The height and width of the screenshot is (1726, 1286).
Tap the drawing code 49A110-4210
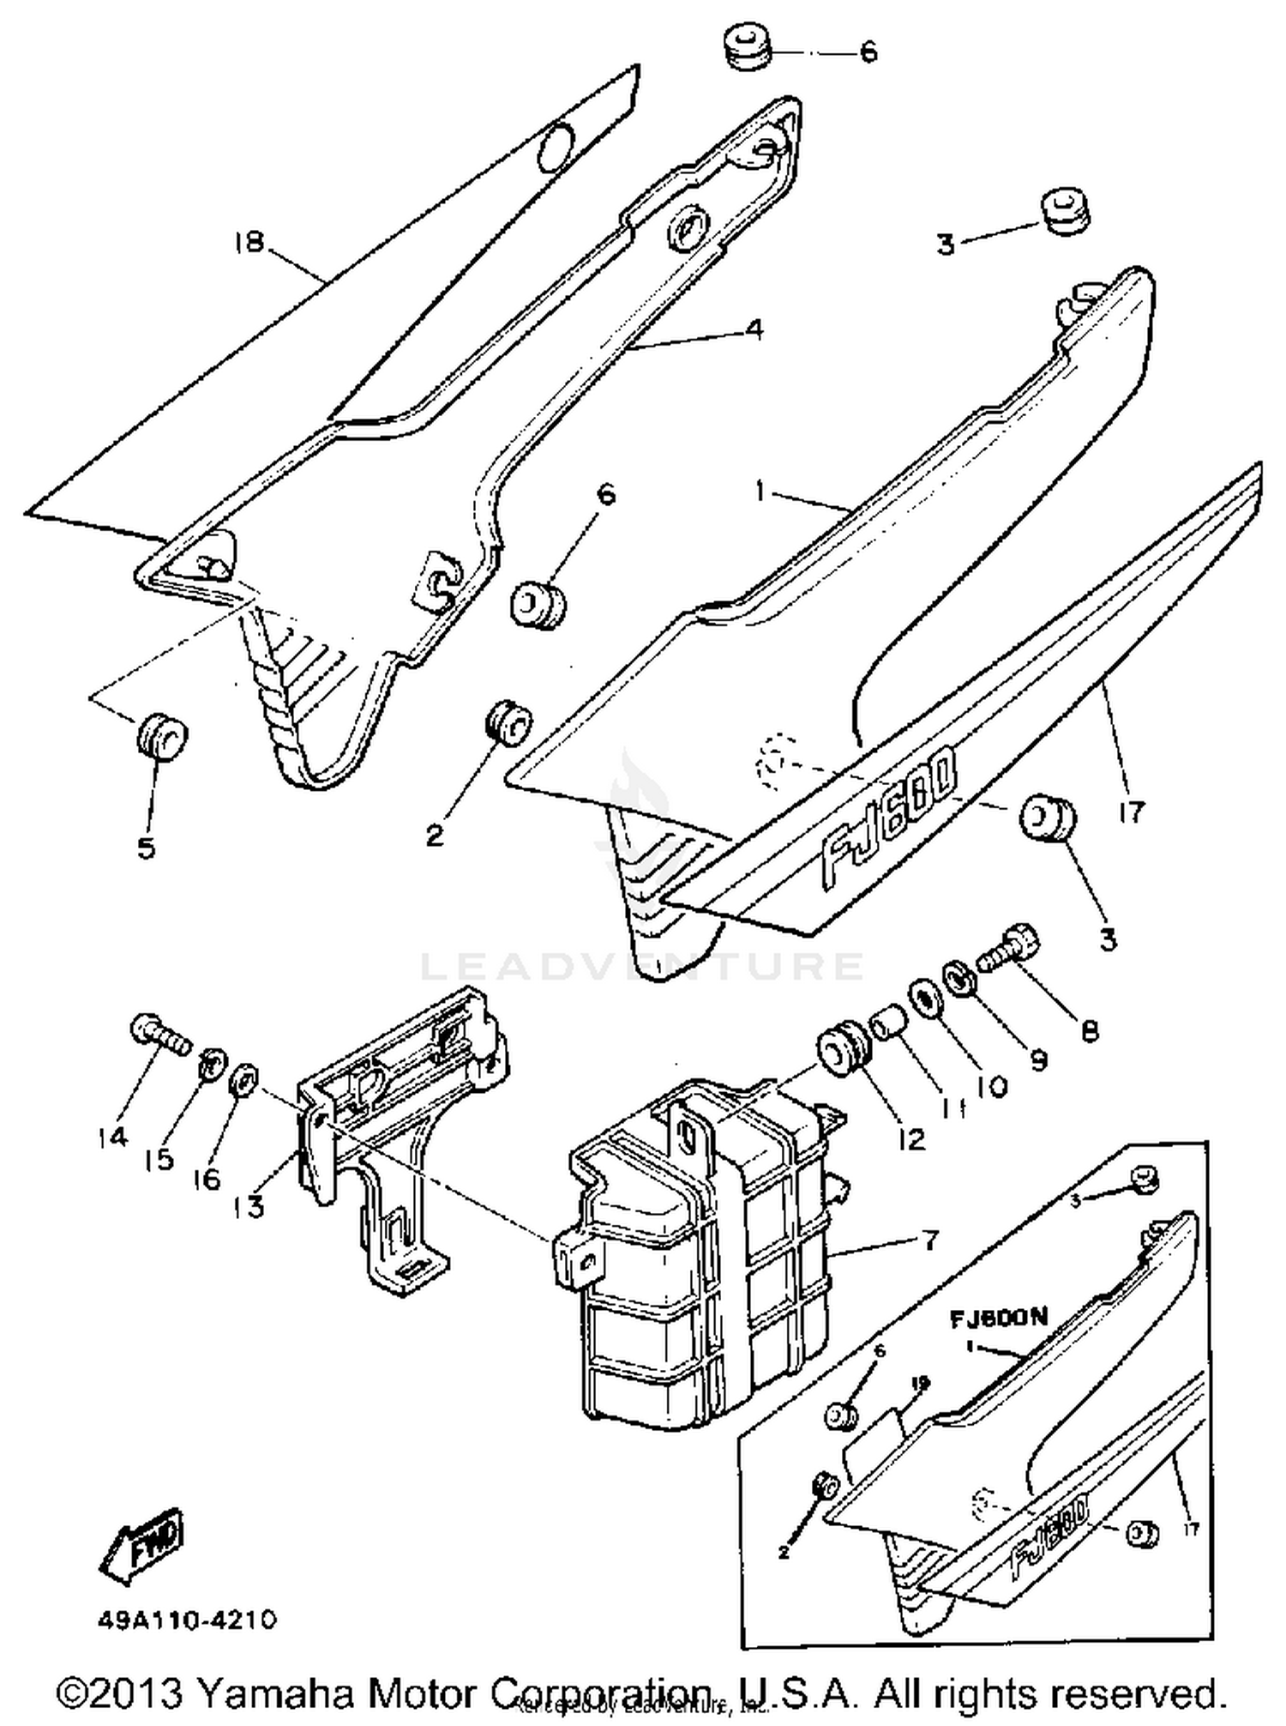(x=186, y=1620)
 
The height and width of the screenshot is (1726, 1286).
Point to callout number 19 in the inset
(x=920, y=1384)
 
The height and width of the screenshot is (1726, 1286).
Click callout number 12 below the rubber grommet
(x=912, y=1138)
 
